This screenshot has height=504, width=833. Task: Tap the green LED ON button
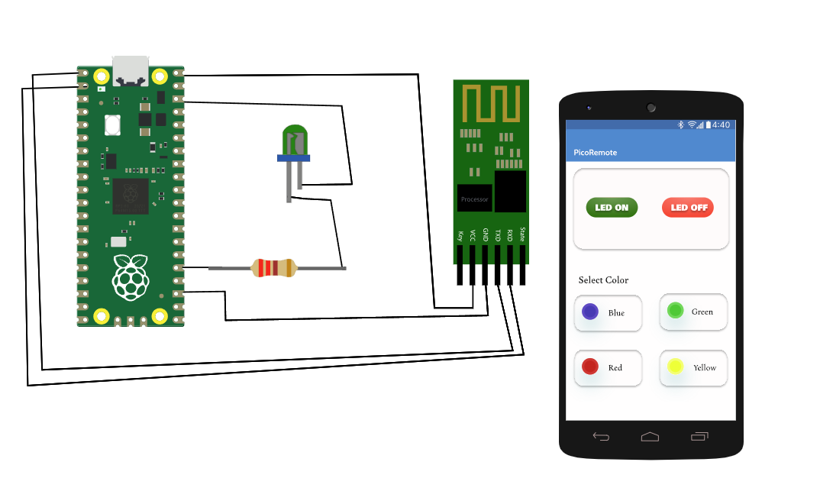click(x=612, y=207)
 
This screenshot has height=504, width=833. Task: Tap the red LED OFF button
click(x=688, y=207)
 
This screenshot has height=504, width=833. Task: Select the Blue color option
click(x=608, y=312)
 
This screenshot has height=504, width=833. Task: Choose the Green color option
click(x=693, y=312)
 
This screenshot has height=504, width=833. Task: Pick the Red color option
click(x=608, y=367)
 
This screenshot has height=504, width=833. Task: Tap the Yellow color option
click(x=693, y=367)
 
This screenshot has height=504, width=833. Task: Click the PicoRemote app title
click(x=596, y=153)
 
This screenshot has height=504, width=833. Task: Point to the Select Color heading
click(x=603, y=280)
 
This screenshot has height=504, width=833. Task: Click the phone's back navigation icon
click(x=601, y=437)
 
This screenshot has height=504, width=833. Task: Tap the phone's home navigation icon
click(x=650, y=437)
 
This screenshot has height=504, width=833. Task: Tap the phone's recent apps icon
click(x=699, y=437)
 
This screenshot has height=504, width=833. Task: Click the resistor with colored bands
click(x=273, y=268)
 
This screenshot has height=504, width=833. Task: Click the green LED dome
click(x=295, y=141)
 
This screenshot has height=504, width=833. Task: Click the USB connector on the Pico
click(x=130, y=70)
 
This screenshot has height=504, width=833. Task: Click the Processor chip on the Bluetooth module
click(x=474, y=199)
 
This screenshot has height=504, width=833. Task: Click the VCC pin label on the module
click(x=473, y=235)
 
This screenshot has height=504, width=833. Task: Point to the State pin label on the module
click(x=522, y=234)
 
